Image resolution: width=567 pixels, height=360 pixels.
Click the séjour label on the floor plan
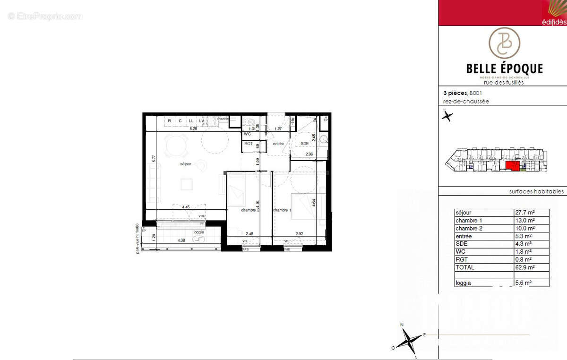tap(186, 164)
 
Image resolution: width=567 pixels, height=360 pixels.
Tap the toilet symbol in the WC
tap(249, 123)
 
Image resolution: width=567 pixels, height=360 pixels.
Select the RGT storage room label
tap(248, 144)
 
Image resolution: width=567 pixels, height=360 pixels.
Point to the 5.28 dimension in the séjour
tap(193, 129)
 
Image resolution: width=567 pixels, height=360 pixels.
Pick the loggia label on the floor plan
tap(199, 232)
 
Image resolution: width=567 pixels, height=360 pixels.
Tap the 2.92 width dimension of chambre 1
tap(299, 233)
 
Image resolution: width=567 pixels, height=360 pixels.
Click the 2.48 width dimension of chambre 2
tap(249, 233)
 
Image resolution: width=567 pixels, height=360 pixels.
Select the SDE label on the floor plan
tap(305, 144)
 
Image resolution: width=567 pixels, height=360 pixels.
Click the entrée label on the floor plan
tap(278, 144)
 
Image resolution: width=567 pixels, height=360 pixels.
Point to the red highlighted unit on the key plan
tap(512, 165)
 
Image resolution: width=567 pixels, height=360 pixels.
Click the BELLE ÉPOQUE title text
tap(504, 69)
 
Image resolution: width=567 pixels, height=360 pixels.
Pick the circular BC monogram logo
tap(504, 43)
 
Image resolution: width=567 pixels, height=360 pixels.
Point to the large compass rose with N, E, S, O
tap(409, 339)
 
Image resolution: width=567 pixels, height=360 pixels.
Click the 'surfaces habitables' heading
tap(536, 191)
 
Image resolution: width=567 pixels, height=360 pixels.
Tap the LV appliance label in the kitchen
tap(202, 121)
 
